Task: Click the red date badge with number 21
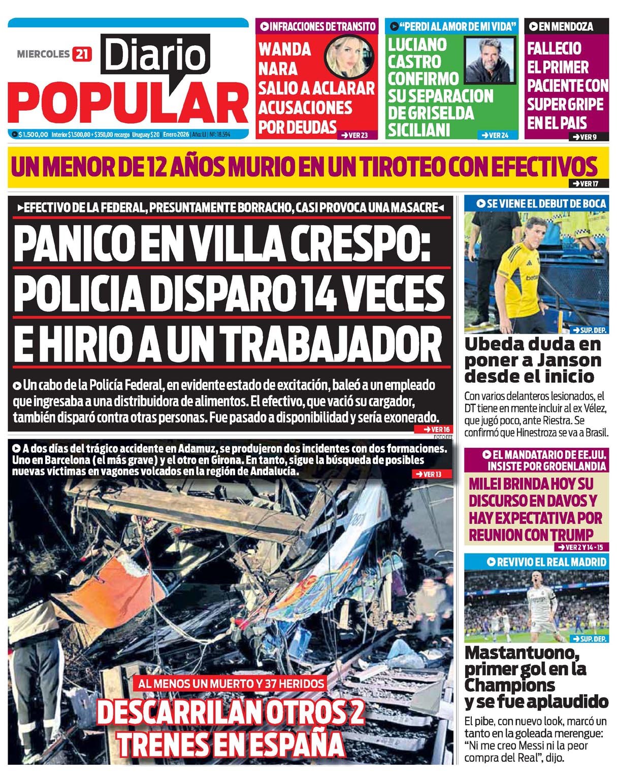82,54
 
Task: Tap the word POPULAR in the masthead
128,104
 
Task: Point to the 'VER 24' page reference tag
495,135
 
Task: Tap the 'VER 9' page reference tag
584,136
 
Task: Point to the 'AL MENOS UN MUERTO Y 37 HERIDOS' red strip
231,684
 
